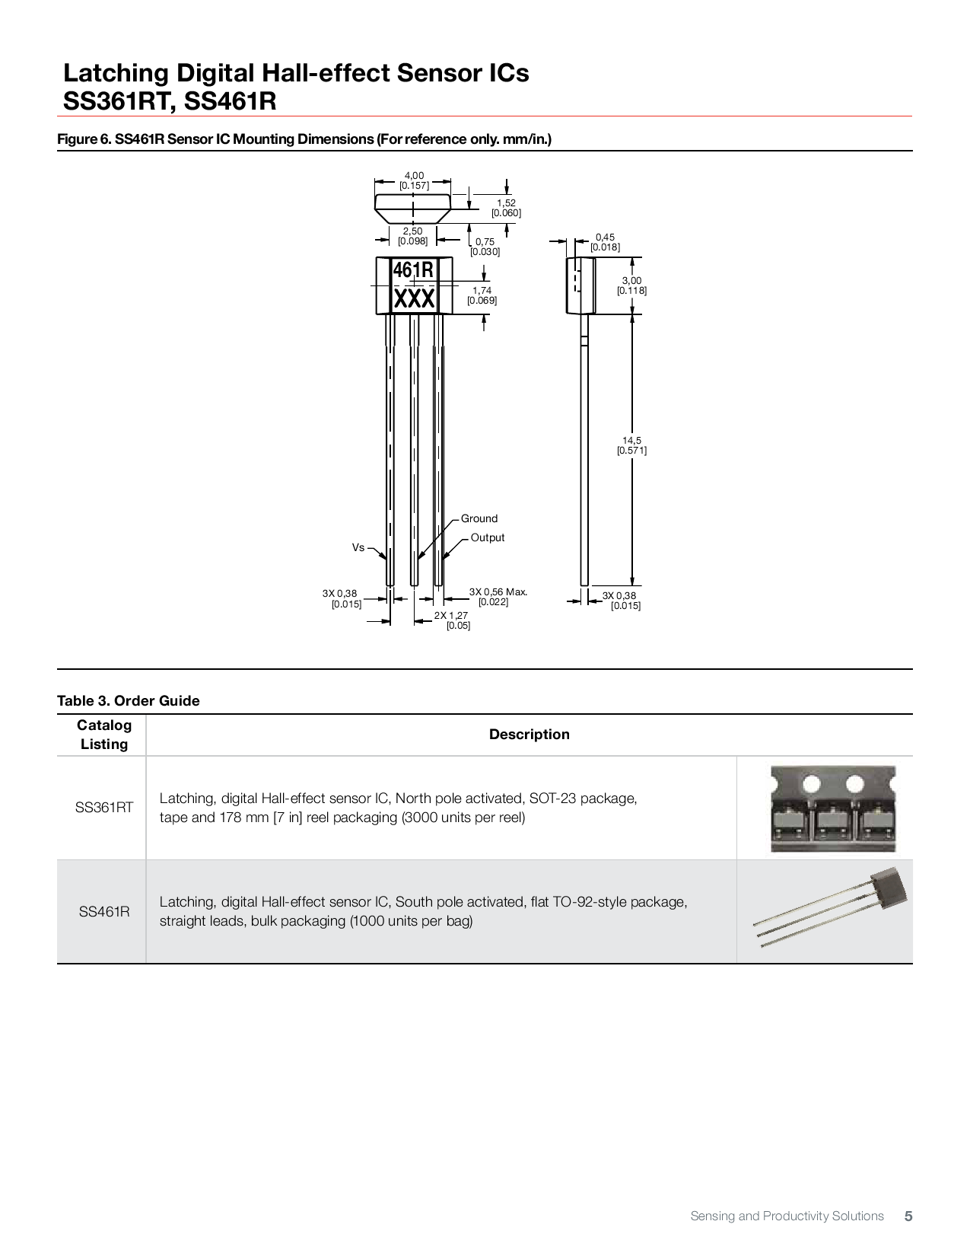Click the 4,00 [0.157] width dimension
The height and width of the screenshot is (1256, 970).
tap(414, 180)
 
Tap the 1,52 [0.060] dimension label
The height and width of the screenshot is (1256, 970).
tap(506, 208)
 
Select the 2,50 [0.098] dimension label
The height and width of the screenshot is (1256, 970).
tap(412, 236)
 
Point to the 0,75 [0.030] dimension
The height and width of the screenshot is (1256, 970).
tap(485, 247)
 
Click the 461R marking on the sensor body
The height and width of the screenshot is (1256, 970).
tap(413, 270)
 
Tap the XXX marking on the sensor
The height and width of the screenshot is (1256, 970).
tap(414, 299)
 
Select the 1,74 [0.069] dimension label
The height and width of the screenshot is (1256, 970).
tap(482, 295)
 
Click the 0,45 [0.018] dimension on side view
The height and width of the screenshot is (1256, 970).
tap(605, 242)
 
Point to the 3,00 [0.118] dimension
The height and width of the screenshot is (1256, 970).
tap(631, 285)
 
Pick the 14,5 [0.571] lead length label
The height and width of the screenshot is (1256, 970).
tap(631, 445)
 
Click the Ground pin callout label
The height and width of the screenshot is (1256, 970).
tap(479, 518)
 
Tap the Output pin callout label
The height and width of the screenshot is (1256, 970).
tap(487, 537)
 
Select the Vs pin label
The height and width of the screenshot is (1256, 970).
tap(358, 547)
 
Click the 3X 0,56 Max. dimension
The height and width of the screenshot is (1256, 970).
tap(497, 597)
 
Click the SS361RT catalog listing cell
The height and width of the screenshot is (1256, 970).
tap(103, 808)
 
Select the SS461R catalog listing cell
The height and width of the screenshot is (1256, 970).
tap(103, 912)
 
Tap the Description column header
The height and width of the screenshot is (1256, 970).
tap(529, 735)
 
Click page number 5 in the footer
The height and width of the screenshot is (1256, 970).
tap(908, 1216)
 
